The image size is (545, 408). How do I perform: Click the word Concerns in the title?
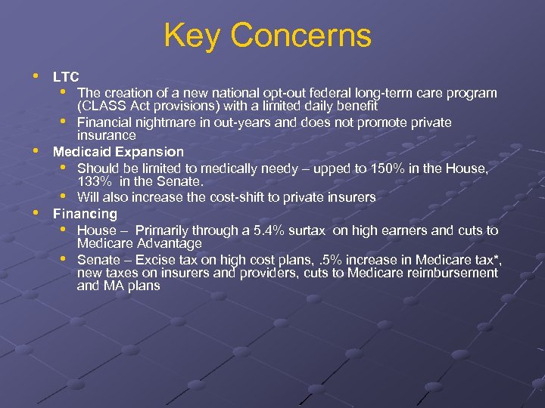pyautogui.click(x=301, y=36)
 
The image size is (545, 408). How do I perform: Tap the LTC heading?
pyautogui.click(x=66, y=77)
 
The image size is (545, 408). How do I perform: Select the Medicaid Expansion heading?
pyautogui.click(x=118, y=152)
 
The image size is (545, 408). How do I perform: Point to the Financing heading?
pyautogui.click(x=85, y=214)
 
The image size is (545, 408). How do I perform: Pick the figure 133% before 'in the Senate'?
pyautogui.click(x=93, y=182)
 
